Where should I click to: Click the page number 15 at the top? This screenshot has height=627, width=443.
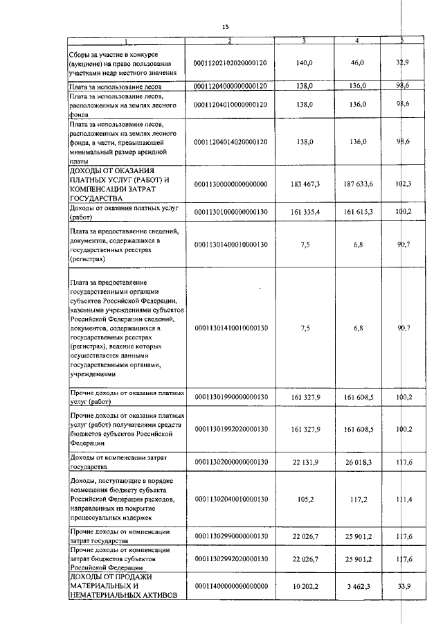tap(225, 26)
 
